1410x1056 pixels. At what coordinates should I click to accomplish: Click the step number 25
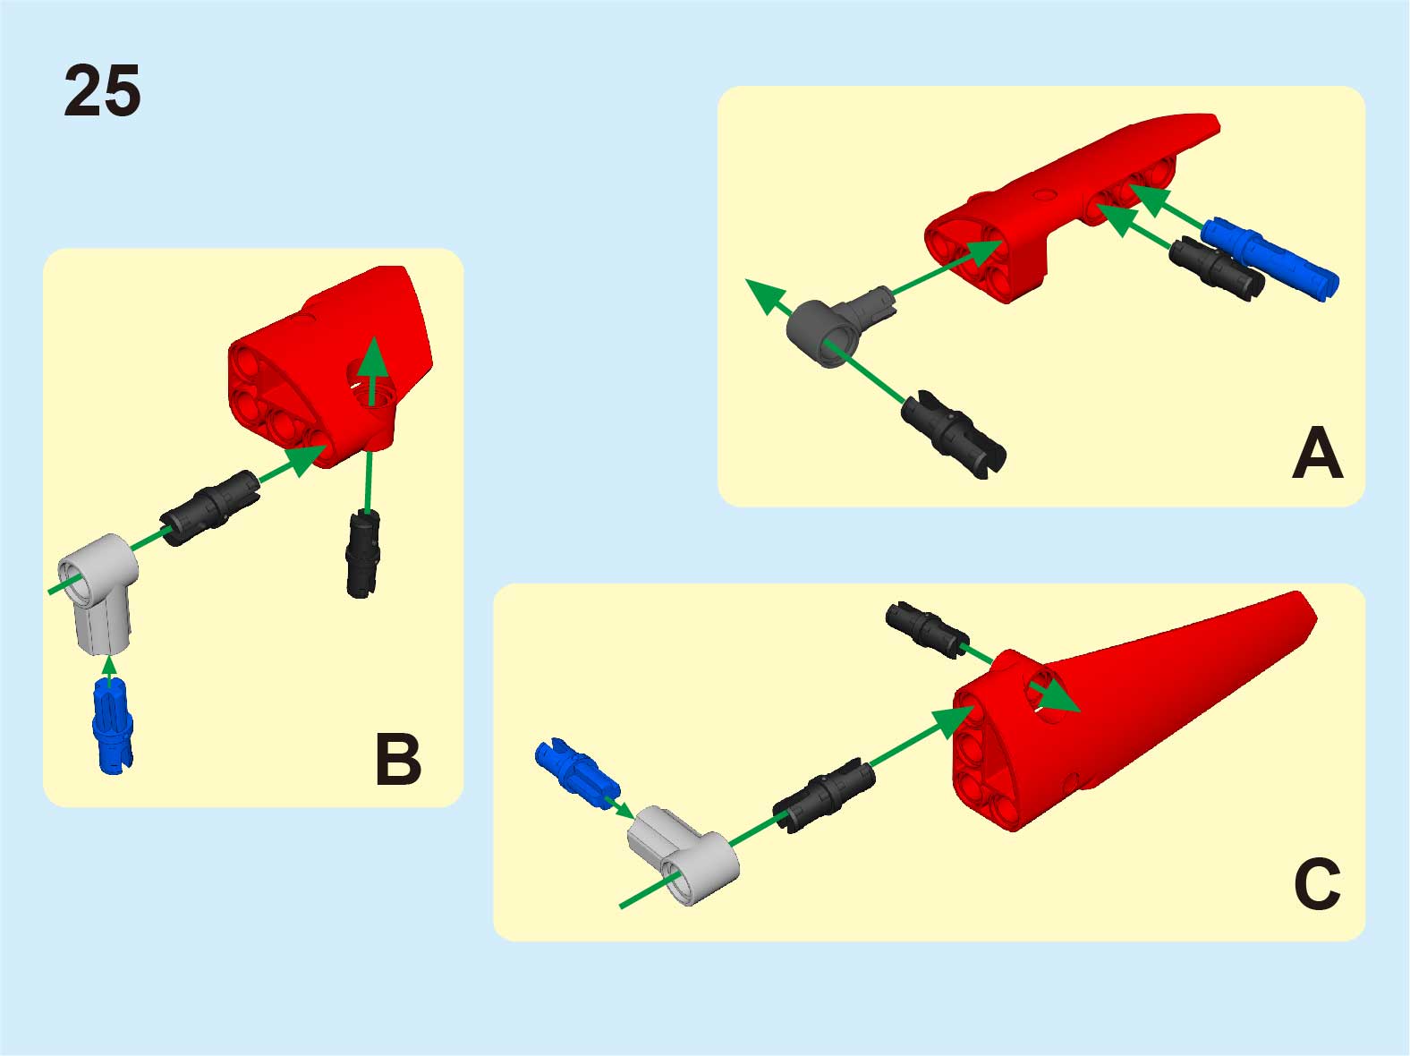click(x=102, y=90)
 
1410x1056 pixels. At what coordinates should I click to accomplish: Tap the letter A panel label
click(x=1317, y=453)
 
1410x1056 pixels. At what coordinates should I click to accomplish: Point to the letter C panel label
click(x=1317, y=884)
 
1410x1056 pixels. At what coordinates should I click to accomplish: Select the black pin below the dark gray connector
click(x=954, y=433)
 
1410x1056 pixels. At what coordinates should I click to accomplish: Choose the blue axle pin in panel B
click(x=113, y=727)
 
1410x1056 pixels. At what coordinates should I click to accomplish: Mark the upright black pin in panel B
click(x=363, y=554)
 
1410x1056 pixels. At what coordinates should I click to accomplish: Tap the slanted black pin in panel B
click(x=209, y=508)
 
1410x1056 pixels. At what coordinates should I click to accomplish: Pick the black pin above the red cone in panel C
click(x=927, y=629)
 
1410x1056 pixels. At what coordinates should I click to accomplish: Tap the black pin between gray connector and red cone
click(x=824, y=795)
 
